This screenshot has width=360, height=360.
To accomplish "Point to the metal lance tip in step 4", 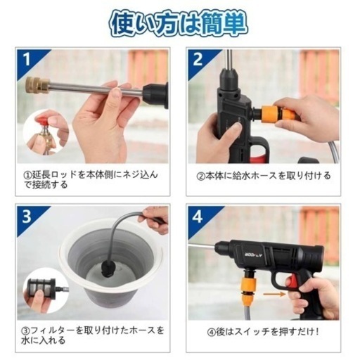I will [200, 245].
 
